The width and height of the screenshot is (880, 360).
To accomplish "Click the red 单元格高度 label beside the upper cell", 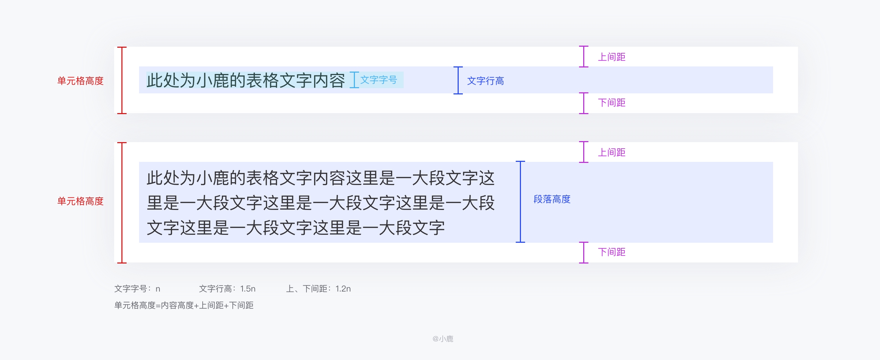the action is [80, 81].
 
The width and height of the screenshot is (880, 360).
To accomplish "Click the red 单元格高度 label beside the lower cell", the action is [80, 201].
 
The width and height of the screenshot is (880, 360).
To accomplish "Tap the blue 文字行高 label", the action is [485, 81].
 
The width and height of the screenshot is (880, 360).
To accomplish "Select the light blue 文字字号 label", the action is [378, 80].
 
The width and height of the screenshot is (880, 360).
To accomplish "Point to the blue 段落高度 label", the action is [552, 199].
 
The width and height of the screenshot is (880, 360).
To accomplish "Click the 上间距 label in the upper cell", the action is [612, 57].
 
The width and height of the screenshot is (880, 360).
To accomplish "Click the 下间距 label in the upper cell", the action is [612, 103].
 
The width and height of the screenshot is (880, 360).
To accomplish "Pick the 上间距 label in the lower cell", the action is [612, 153].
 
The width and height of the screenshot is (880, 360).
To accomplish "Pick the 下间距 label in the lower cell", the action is [612, 252].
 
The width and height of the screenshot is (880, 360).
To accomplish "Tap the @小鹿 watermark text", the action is [443, 339].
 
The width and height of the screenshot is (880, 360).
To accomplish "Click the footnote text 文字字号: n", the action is [137, 289].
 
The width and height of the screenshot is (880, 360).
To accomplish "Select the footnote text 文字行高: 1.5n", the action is [227, 289].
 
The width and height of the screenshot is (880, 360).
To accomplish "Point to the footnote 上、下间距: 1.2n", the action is [318, 289].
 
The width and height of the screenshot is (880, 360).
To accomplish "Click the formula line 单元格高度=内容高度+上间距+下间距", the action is [184, 305].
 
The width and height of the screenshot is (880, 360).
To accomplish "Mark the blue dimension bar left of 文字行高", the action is [458, 80].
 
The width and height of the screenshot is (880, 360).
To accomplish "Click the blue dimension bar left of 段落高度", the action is [520, 202].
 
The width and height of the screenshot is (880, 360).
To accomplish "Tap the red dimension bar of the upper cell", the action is [122, 80].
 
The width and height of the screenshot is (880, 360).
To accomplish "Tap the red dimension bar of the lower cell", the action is [122, 203].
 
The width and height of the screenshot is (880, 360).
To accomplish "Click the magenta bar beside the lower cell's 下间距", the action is [584, 253].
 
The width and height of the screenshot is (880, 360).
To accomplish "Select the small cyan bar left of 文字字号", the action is [354, 80].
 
